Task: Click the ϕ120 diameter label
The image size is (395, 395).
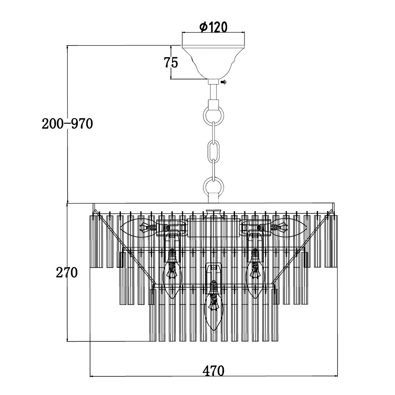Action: click(x=213, y=27)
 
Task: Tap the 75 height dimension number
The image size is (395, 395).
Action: click(x=170, y=62)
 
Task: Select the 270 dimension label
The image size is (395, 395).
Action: click(x=67, y=273)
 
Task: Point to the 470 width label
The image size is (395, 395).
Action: click(x=213, y=371)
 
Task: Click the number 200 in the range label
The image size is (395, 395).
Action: click(x=53, y=124)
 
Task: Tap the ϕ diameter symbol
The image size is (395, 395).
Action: click(x=203, y=27)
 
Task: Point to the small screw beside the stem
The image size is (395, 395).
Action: click(x=224, y=82)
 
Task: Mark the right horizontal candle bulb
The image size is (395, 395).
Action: click(x=290, y=228)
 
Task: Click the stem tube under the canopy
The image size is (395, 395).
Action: click(x=213, y=89)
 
